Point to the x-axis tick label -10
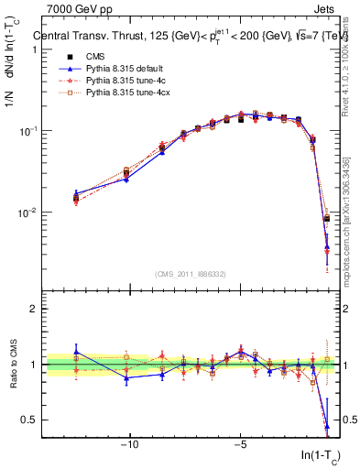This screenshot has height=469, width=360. tap(130, 445)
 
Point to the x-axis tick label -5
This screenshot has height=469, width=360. tap(240, 445)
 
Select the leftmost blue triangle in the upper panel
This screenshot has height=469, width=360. tap(76, 194)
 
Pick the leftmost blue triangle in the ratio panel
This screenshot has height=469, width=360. tap(76, 350)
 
